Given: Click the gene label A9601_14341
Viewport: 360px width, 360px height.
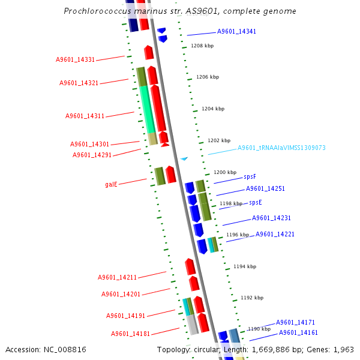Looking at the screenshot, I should [236, 31].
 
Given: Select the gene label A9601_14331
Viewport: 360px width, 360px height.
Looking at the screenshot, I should [75, 59].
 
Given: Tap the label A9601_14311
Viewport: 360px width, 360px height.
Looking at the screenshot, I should [85, 116].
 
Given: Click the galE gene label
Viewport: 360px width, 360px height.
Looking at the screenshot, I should [111, 184].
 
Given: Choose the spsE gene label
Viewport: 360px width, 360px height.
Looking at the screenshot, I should [256, 202].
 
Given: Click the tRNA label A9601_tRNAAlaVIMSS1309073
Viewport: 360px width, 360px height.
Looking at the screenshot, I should [281, 148].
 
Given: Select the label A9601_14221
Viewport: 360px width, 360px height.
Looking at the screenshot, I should [275, 234].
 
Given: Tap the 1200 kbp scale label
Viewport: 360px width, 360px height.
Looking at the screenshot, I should [225, 172].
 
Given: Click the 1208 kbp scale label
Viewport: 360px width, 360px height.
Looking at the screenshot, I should [202, 46].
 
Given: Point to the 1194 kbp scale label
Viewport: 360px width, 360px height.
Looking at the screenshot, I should [245, 266].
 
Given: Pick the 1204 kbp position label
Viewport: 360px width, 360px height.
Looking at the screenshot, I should [213, 109].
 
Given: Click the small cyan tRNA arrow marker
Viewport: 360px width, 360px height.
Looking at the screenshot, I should [184, 158].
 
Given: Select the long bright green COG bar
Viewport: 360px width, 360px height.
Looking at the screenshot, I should [147, 109].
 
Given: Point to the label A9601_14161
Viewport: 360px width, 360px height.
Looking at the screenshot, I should [298, 332].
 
